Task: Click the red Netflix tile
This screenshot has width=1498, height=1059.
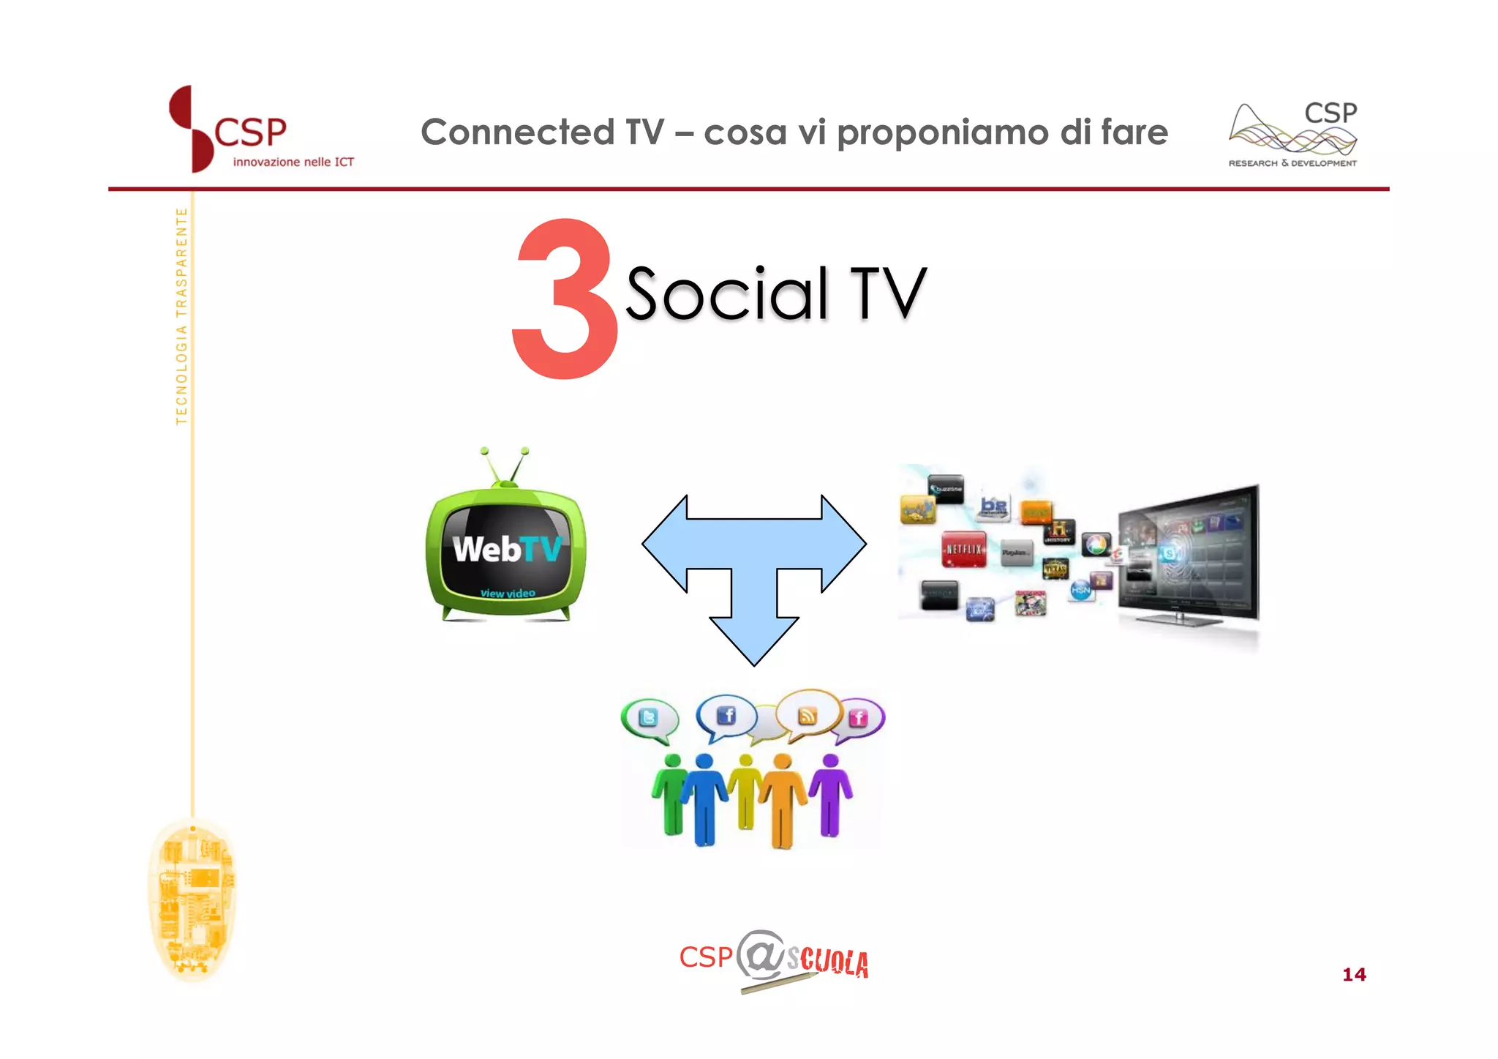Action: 963,549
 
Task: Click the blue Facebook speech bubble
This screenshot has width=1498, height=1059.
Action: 726,715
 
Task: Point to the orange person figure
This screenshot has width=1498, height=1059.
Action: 783,801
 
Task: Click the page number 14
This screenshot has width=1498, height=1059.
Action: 1354,974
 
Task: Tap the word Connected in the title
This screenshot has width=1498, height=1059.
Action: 517,132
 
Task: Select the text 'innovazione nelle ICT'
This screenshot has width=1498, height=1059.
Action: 293,162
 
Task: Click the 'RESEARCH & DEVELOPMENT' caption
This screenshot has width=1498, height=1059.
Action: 1292,163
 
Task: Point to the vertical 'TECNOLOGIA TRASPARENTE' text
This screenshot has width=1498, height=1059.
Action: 181,315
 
